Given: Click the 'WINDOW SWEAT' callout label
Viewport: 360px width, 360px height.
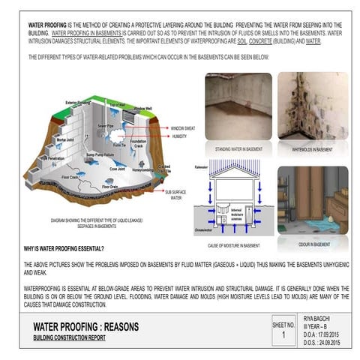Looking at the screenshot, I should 184,127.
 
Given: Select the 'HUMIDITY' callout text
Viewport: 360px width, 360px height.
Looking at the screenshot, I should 179,136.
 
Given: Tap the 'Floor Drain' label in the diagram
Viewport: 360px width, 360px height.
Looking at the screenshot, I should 109,186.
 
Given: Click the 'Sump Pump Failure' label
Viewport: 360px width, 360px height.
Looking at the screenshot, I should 100,154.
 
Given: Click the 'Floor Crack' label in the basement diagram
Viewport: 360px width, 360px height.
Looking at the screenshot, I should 70,178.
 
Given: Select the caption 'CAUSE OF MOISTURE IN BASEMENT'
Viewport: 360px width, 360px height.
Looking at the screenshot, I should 234,245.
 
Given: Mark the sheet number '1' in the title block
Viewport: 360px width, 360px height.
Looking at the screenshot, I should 283,335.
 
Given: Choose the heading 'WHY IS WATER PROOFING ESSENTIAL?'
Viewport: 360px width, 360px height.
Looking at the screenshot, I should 64,248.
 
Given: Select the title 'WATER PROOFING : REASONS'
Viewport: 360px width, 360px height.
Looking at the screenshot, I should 86,327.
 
